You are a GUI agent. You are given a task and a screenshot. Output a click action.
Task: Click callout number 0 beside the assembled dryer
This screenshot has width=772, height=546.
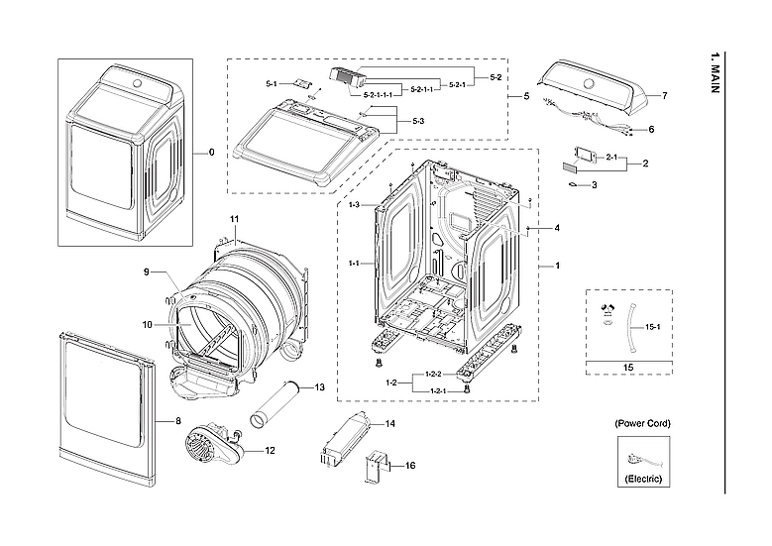210,153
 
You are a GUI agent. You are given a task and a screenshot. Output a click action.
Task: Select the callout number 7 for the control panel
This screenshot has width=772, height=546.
664,96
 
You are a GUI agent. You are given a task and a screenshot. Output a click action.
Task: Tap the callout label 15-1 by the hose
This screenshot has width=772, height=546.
651,326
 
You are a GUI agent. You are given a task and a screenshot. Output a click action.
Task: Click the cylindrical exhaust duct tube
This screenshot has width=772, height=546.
276,404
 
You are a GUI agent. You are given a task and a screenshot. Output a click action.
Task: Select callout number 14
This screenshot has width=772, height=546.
389,424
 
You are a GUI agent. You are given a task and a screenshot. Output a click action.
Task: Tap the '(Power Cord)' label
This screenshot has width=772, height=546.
642,423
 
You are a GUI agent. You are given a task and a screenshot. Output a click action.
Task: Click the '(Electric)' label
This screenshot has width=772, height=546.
642,479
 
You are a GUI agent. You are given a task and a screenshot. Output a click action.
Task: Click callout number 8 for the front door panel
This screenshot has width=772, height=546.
178,421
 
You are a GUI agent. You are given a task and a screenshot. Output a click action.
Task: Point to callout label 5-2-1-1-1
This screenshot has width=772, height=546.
379,94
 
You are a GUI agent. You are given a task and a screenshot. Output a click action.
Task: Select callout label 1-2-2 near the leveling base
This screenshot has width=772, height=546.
432,374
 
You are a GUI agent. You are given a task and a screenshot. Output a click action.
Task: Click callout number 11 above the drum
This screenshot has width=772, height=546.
235,217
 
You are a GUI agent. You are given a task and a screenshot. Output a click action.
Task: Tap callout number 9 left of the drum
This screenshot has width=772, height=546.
145,272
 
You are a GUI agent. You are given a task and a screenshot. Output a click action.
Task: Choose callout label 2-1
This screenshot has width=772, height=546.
611,158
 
